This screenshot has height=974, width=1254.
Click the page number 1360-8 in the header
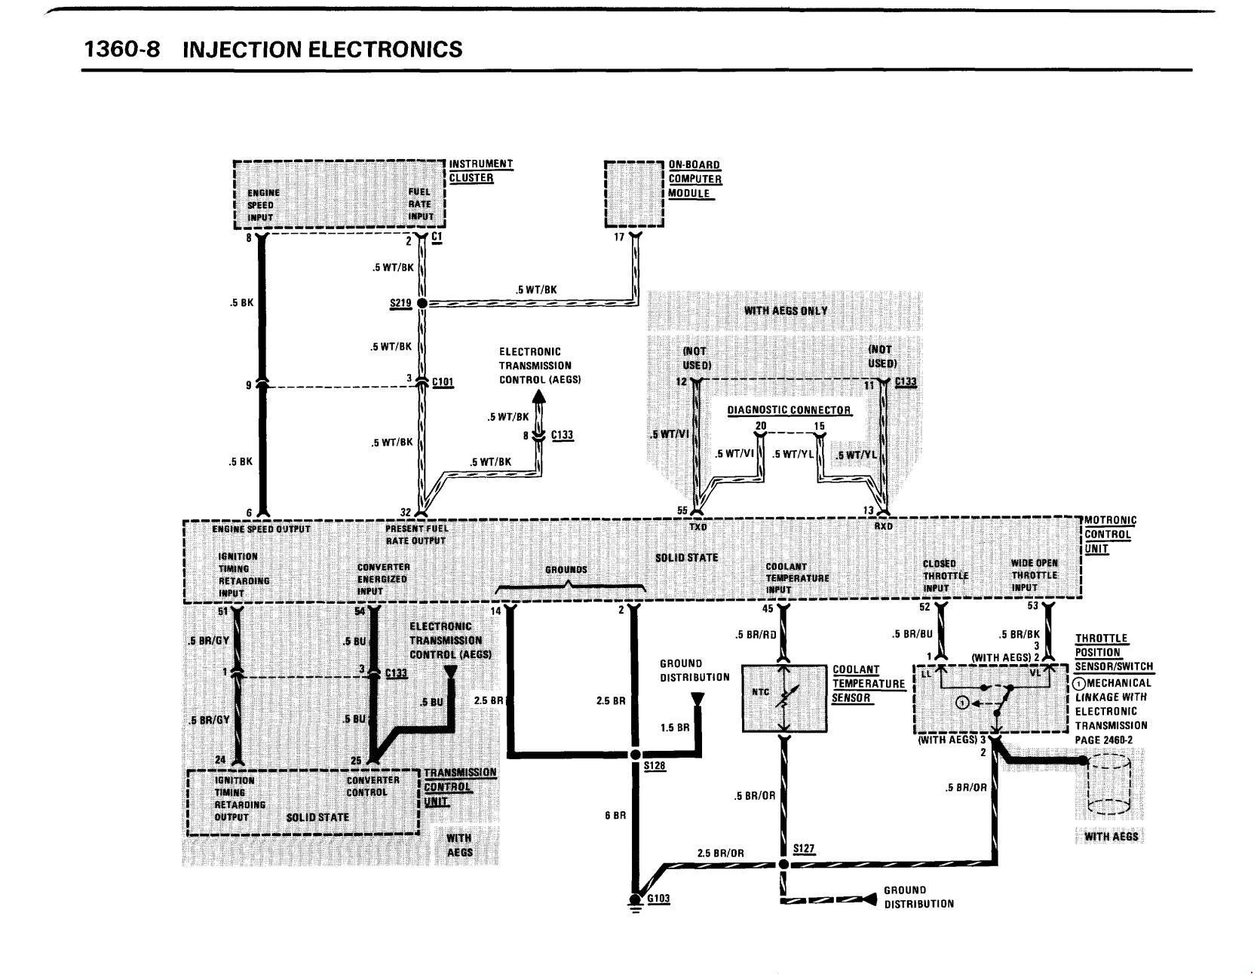(121, 49)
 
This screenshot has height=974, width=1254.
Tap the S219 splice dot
(422, 303)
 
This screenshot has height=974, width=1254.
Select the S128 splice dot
(635, 755)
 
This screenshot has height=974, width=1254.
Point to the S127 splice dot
(783, 864)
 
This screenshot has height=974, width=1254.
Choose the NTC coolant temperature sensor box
(783, 698)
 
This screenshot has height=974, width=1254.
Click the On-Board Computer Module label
(694, 179)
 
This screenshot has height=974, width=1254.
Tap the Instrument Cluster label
(480, 171)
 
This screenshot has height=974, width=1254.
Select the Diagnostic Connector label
(788, 411)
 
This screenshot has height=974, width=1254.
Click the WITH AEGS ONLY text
(786, 311)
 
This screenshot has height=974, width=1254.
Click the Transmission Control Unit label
(460, 787)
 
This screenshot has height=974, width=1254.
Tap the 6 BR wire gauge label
(616, 816)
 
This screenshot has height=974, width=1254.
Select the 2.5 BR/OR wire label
(720, 853)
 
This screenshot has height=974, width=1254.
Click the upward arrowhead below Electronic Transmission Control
(538, 397)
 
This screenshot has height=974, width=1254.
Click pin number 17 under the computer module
(619, 237)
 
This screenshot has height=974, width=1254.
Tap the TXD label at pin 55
(698, 527)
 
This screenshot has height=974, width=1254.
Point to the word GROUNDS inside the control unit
(566, 570)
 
